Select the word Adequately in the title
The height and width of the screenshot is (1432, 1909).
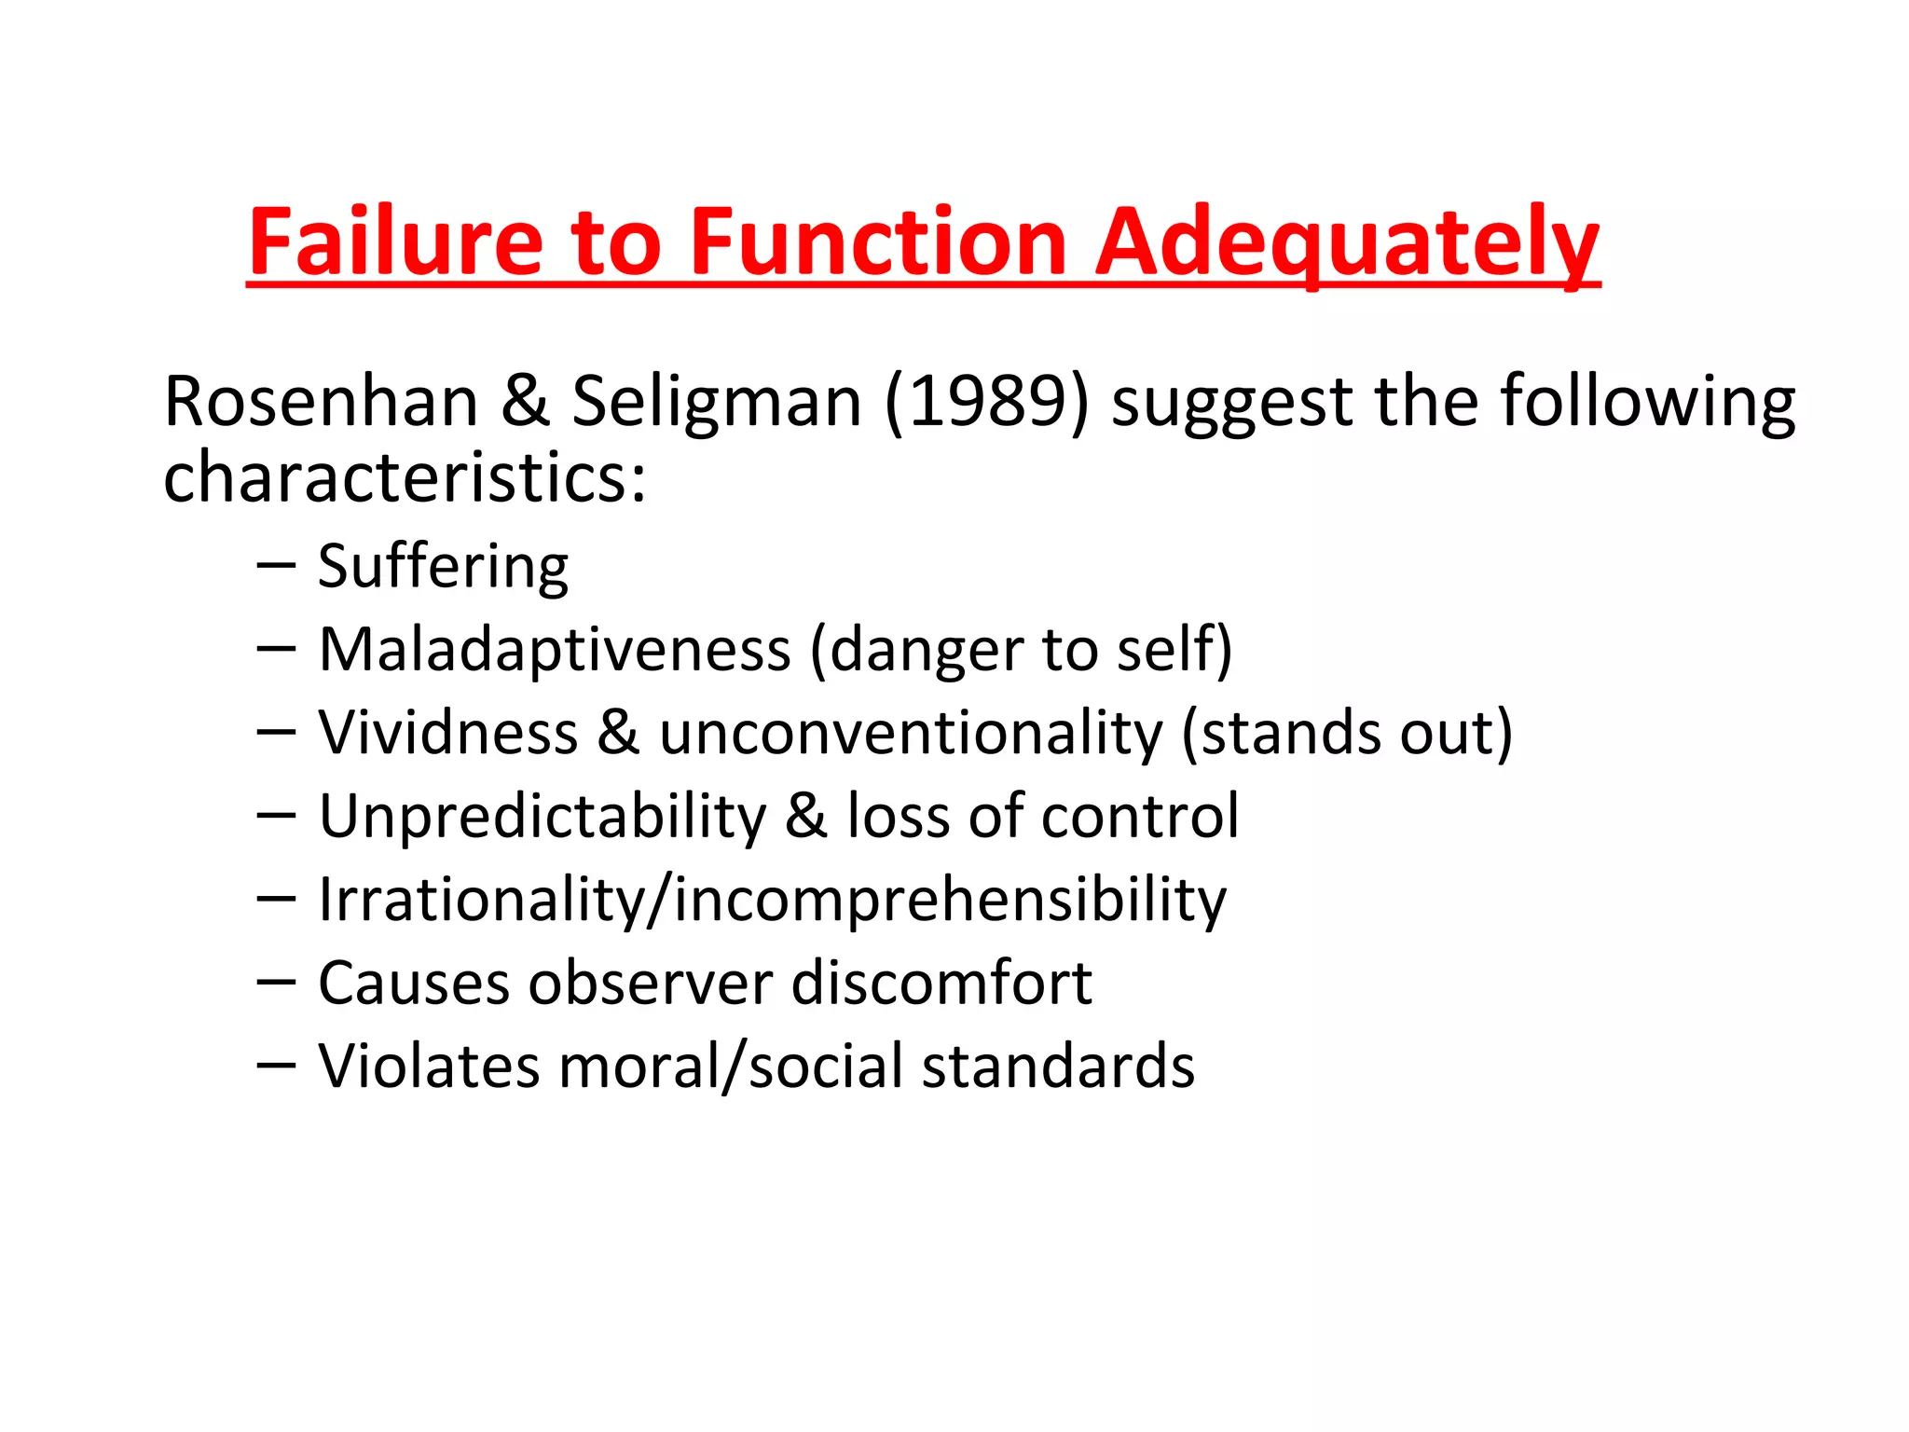click(x=1348, y=244)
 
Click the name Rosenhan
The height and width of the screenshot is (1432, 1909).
click(x=321, y=402)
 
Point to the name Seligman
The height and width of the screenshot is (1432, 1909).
click(x=717, y=404)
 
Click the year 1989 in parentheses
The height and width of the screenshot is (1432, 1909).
click(x=986, y=402)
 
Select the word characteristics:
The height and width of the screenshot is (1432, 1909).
click(x=405, y=477)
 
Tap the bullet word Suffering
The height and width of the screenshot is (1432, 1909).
click(x=443, y=566)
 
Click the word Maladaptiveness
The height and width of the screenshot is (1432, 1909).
click(x=555, y=650)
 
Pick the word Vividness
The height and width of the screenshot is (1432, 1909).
click(x=448, y=733)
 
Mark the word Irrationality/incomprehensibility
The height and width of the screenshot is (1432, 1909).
click(x=773, y=901)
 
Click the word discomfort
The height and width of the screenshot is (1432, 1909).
click(x=941, y=983)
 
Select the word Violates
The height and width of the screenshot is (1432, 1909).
click(x=429, y=1066)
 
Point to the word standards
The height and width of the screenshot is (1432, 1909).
click(x=1058, y=1066)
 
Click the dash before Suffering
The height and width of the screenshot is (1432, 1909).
click(x=276, y=565)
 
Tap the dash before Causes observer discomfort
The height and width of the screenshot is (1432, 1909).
click(x=276, y=982)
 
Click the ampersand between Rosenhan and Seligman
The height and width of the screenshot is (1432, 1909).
click(x=525, y=402)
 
